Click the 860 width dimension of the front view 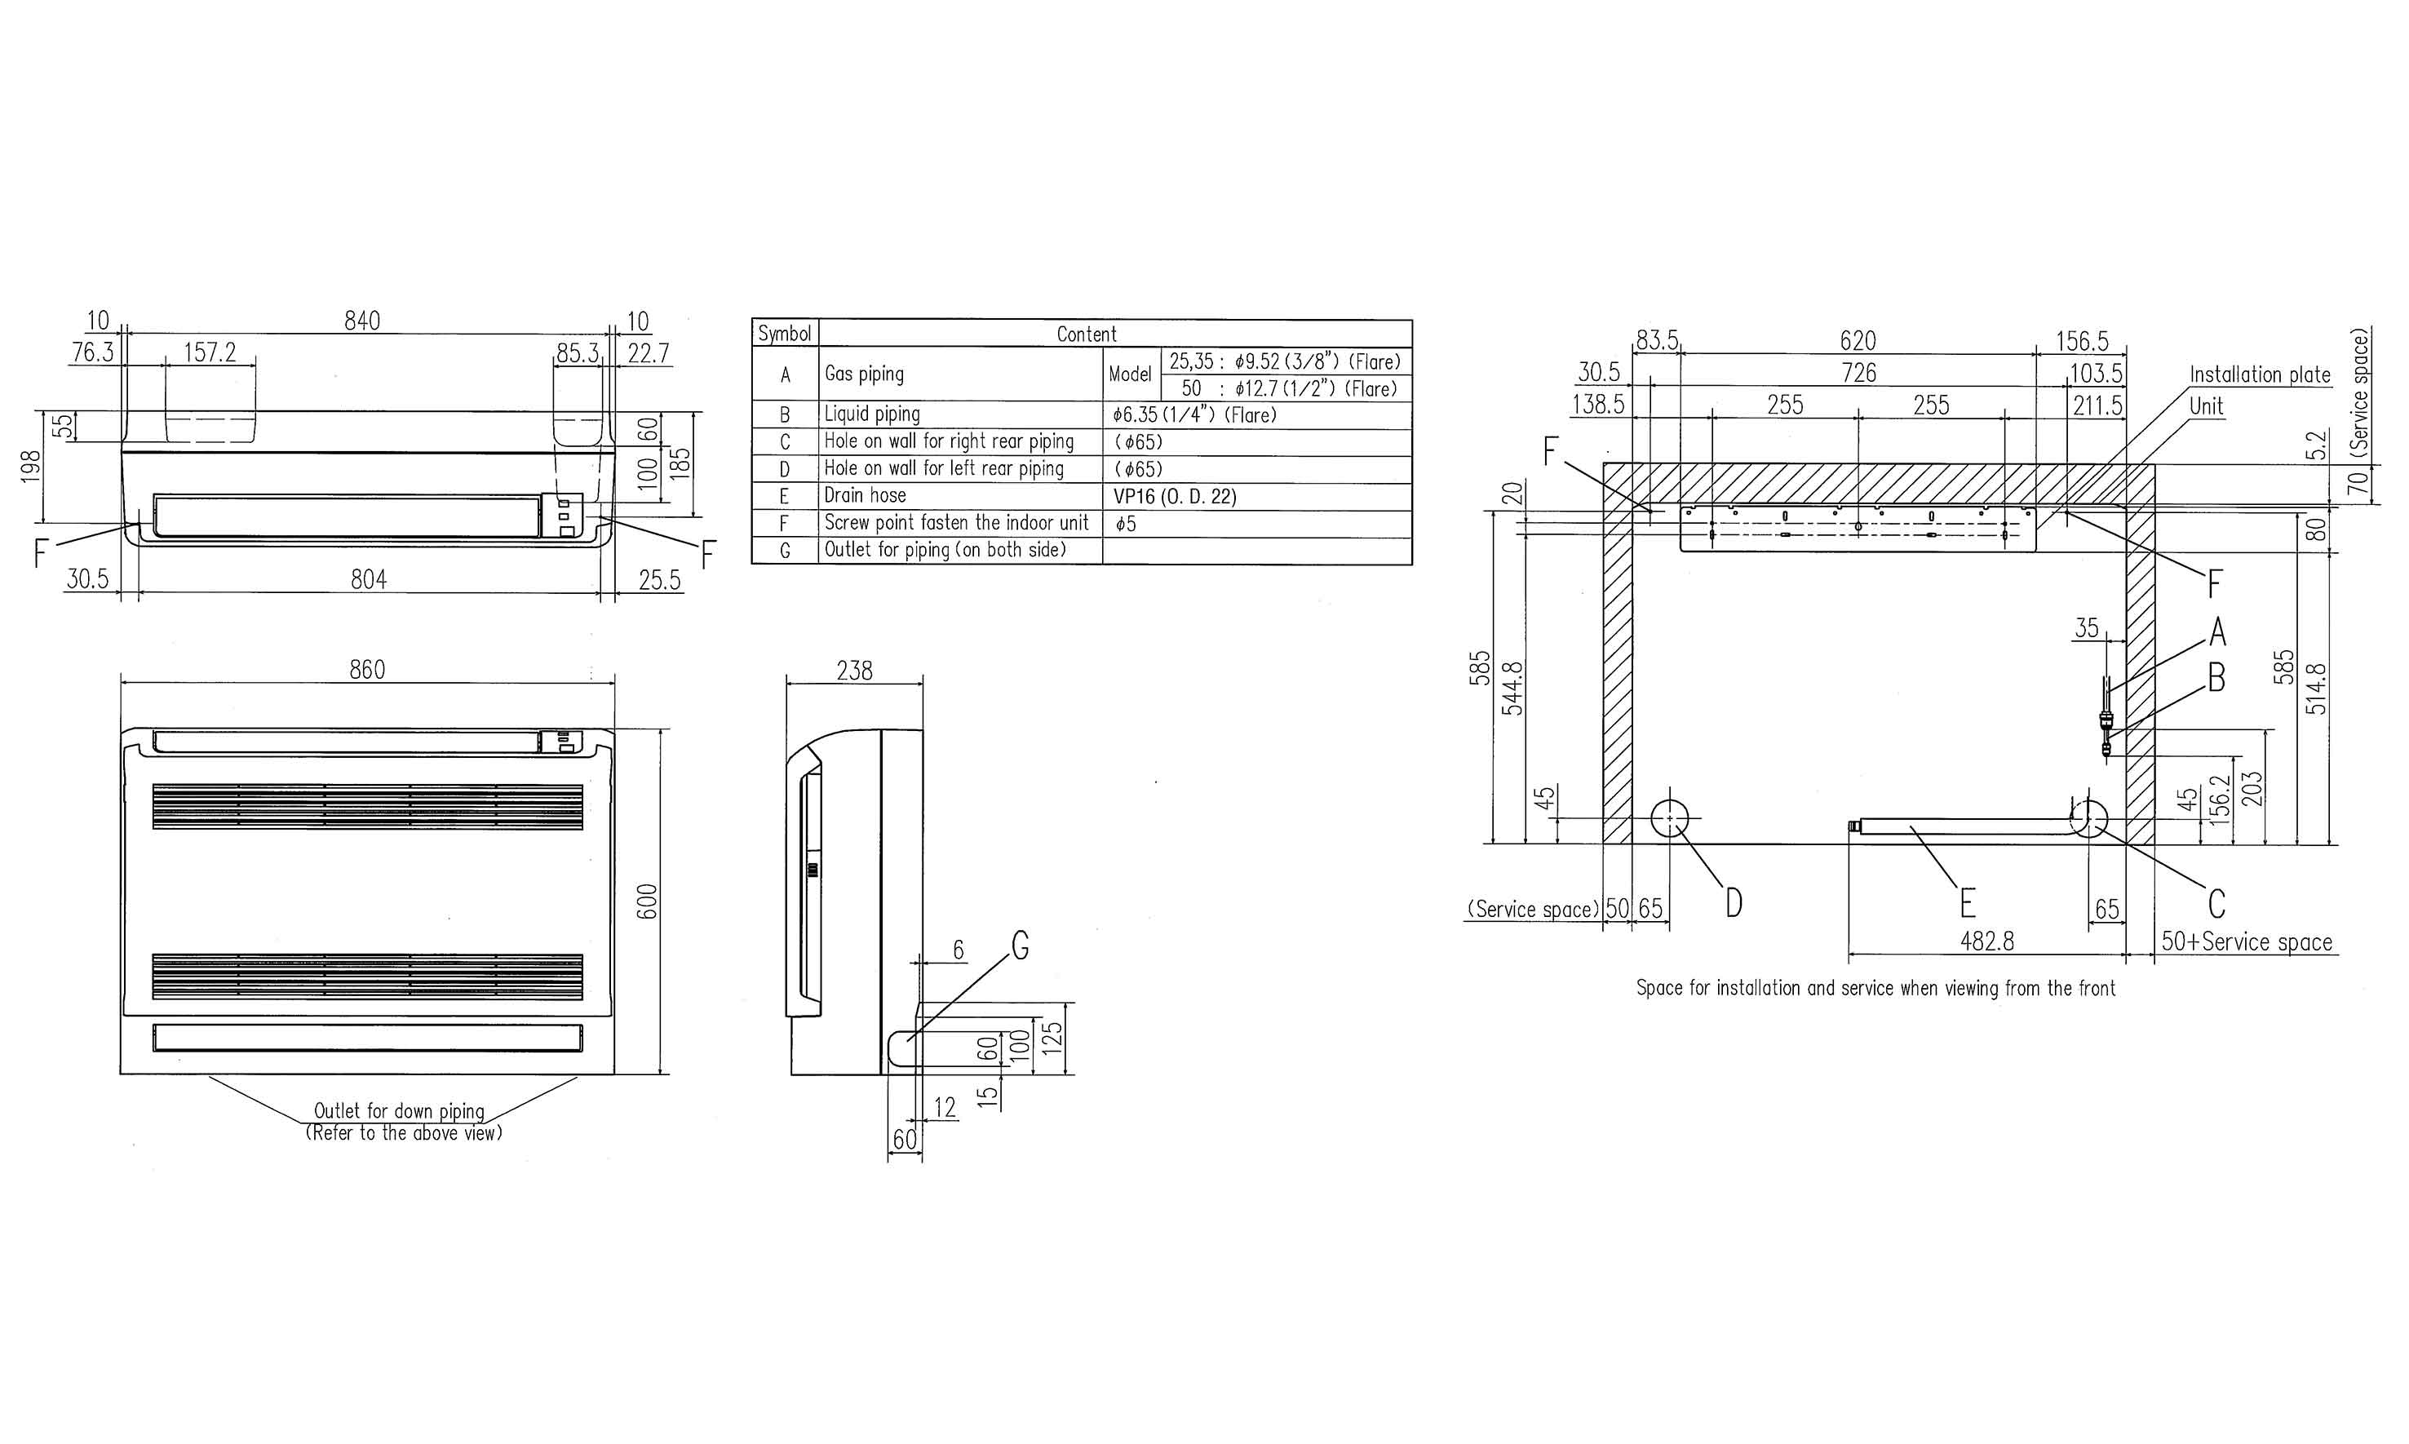coord(367,670)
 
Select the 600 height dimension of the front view coord(648,901)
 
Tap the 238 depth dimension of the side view coord(854,671)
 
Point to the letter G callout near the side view coord(1021,945)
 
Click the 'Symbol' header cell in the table coord(784,334)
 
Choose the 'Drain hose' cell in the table coord(865,495)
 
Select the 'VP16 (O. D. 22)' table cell coord(1175,496)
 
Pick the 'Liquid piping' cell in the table coord(872,414)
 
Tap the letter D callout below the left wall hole coord(1734,903)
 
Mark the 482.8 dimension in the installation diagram coord(1986,941)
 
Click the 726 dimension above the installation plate coord(1858,373)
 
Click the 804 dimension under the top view coord(369,580)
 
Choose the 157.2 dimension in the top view coord(210,352)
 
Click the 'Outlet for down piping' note coord(399,1110)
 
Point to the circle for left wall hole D coord(1671,819)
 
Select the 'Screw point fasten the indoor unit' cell coord(956,522)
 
